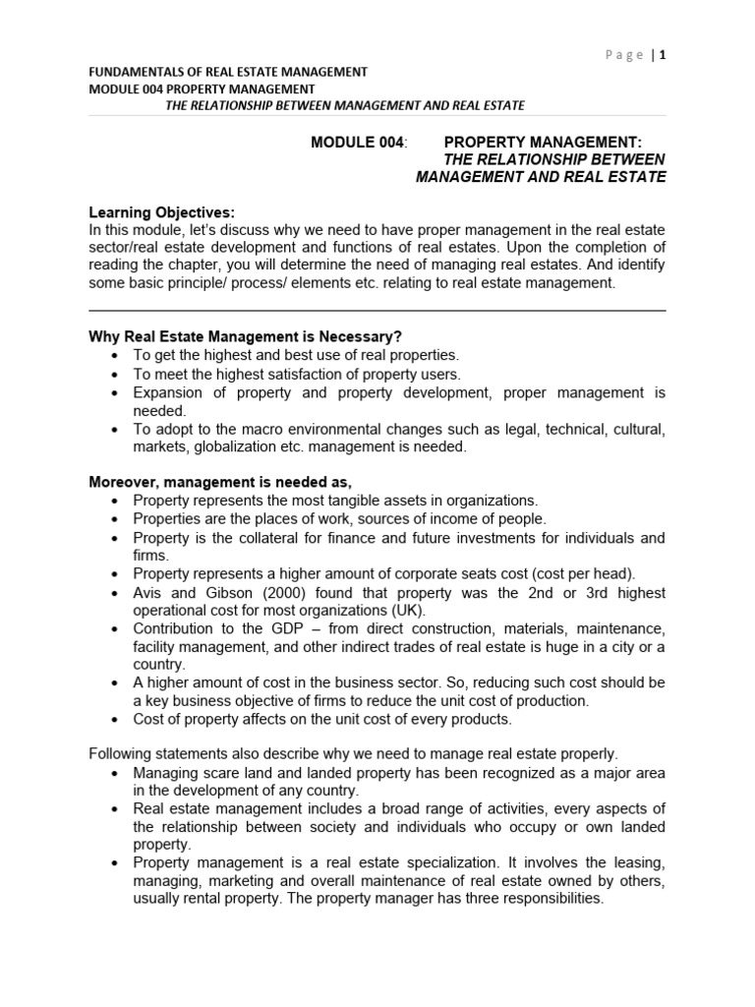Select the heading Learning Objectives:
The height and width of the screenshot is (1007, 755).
click(162, 212)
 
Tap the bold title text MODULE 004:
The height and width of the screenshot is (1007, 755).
click(358, 143)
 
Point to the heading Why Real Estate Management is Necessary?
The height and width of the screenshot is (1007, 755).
click(246, 337)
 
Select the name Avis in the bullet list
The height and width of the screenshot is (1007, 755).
click(148, 593)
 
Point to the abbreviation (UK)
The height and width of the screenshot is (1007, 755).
click(382, 610)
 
